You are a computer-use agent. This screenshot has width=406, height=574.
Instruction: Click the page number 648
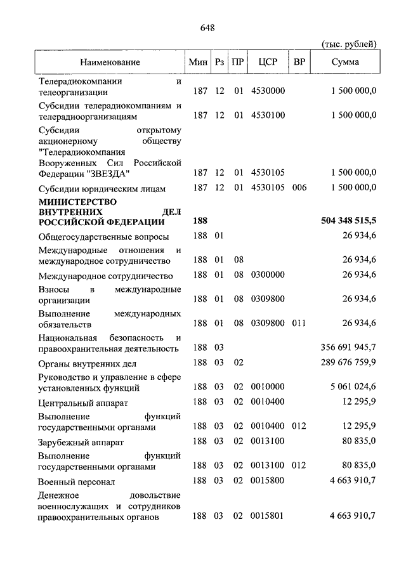[207, 27]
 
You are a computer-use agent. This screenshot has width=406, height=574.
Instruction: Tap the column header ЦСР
[266, 62]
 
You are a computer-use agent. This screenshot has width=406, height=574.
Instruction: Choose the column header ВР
[298, 62]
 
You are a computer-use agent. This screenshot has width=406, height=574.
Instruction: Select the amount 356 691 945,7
[349, 348]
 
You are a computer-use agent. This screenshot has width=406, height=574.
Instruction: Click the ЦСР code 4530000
[268, 91]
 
